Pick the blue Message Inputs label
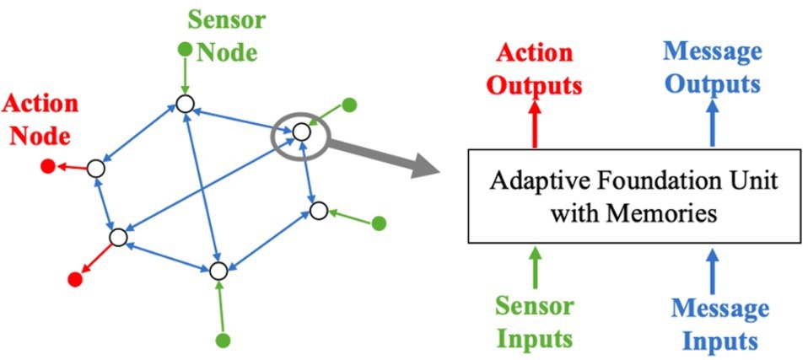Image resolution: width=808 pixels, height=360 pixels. tap(719, 324)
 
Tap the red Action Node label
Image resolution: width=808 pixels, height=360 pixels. tap(40, 117)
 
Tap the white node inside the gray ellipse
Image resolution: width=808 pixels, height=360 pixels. tap(300, 132)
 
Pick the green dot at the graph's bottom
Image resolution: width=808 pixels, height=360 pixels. tap(223, 341)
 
